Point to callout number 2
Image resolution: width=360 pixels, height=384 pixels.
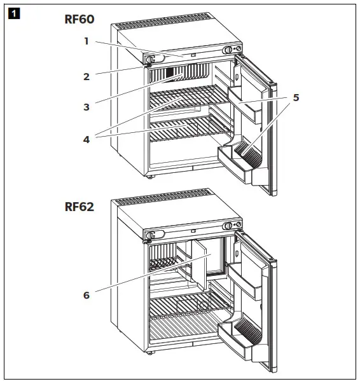click(x=87, y=76)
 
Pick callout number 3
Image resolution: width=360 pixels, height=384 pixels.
click(x=87, y=107)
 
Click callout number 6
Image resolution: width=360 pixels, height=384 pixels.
click(x=87, y=295)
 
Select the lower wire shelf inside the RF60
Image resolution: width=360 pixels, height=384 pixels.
click(x=188, y=127)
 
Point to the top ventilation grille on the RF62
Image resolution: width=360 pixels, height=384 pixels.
click(x=159, y=194)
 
